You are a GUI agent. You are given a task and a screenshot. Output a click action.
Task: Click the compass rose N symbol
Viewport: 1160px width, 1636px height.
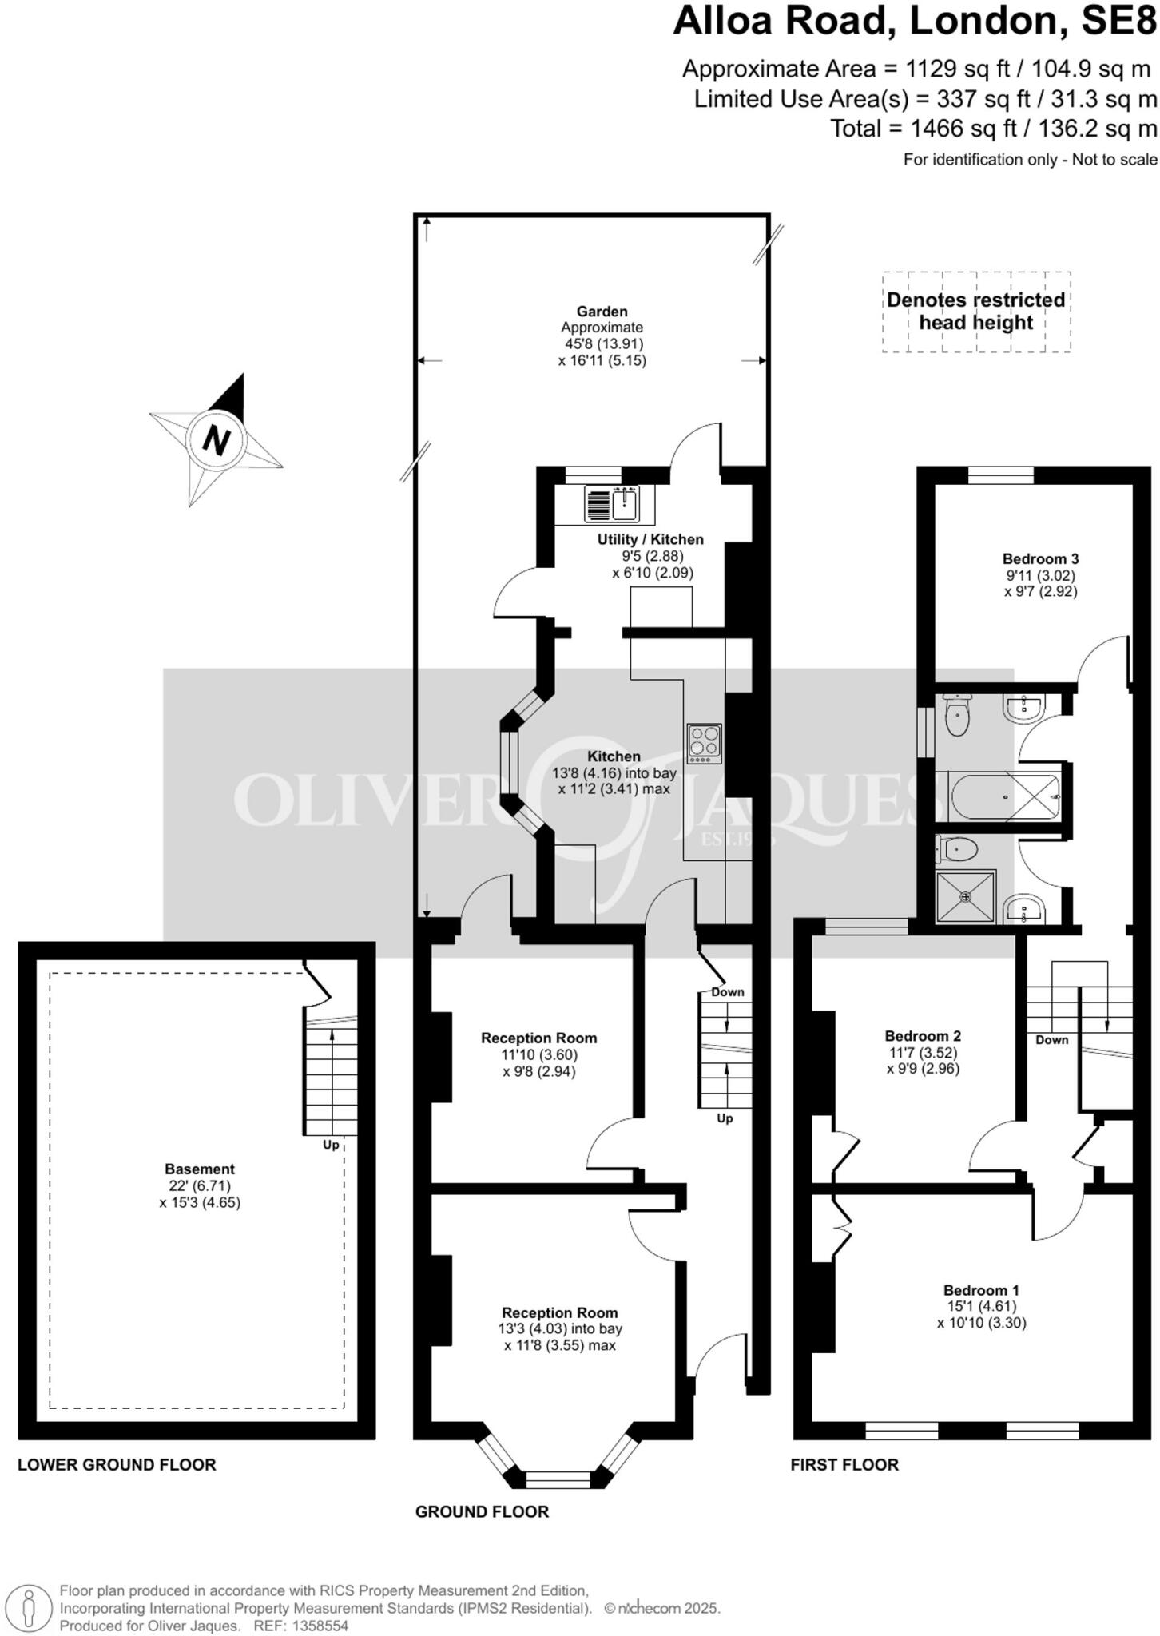[x=216, y=440]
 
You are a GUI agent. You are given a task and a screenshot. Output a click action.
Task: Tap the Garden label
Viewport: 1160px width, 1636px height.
[x=602, y=312]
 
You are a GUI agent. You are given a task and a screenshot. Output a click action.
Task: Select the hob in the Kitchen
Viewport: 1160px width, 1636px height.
[x=704, y=743]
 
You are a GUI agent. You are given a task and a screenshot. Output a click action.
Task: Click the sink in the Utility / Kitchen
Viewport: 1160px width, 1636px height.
[x=624, y=503]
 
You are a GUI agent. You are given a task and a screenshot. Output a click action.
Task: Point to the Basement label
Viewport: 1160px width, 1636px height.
[x=200, y=1169]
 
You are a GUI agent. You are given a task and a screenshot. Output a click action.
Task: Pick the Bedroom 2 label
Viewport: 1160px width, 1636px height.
[x=923, y=1037]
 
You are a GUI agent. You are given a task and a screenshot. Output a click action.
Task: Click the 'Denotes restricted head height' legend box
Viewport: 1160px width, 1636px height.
[x=975, y=312]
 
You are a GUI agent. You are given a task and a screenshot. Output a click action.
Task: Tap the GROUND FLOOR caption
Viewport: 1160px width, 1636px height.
[x=482, y=1512]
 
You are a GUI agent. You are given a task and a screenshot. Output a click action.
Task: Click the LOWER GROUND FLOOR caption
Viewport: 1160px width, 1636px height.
[x=117, y=1465]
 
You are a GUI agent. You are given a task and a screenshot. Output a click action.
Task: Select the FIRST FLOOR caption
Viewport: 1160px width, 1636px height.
[x=844, y=1465]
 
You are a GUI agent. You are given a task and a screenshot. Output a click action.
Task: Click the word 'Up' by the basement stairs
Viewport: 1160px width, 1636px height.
[x=331, y=1145]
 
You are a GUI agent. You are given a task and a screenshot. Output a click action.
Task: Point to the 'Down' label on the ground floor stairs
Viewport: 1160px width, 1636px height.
[x=727, y=992]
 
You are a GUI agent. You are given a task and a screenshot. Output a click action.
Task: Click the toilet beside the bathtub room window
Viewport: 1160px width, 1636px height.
[x=956, y=716]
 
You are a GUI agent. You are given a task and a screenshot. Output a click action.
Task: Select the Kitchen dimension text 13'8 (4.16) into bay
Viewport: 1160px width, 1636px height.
[x=614, y=773]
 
